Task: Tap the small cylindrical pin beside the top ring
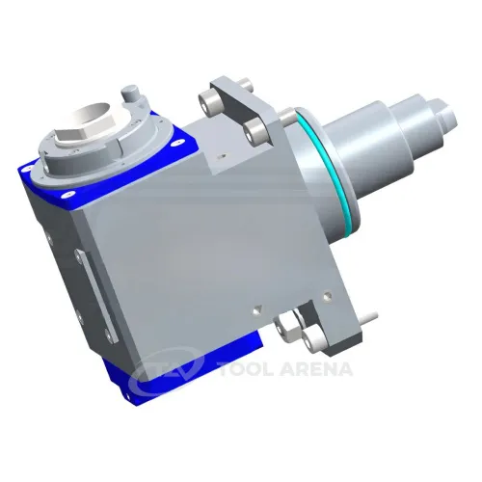[x=131, y=94]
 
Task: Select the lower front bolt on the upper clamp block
[x=254, y=129]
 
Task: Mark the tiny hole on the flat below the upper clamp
[x=221, y=153]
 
